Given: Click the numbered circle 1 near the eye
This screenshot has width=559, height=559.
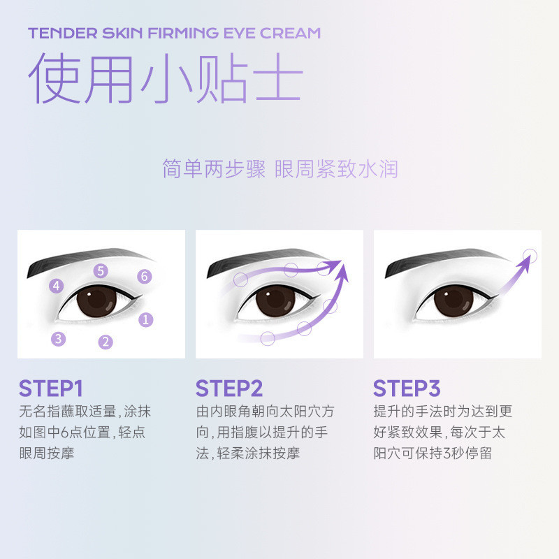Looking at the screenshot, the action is pyautogui.click(x=146, y=320).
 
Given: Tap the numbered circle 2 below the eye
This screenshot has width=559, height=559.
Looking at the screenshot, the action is pyautogui.click(x=106, y=342).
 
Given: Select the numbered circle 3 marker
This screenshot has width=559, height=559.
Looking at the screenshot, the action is pyautogui.click(x=59, y=339).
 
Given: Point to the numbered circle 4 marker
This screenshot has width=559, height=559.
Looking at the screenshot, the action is pyautogui.click(x=57, y=286).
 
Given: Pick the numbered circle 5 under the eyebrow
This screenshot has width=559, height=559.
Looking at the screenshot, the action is pyautogui.click(x=101, y=271).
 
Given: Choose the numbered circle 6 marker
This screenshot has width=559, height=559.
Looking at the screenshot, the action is pyautogui.click(x=145, y=276).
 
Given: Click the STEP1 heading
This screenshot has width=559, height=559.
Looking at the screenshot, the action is pyautogui.click(x=51, y=389).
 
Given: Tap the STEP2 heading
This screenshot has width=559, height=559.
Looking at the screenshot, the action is pyautogui.click(x=229, y=389).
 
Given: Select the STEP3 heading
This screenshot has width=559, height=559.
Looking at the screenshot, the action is pyautogui.click(x=407, y=389).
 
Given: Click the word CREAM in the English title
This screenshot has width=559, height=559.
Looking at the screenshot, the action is pyautogui.click(x=290, y=33).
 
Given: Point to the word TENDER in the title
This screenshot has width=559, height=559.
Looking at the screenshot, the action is pyautogui.click(x=63, y=33).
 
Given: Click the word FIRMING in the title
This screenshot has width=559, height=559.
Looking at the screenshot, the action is pyautogui.click(x=183, y=33).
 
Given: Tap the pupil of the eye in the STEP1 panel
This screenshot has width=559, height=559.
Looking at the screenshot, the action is pyautogui.click(x=96, y=301).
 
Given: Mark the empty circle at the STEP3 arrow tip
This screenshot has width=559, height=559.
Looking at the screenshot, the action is pyautogui.click(x=530, y=256).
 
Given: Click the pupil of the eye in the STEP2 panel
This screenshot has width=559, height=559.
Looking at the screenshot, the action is pyautogui.click(x=275, y=301).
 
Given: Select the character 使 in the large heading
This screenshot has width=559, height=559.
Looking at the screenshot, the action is pyautogui.click(x=54, y=78).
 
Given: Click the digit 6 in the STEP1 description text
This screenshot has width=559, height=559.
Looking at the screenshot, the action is pyautogui.click(x=64, y=433).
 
